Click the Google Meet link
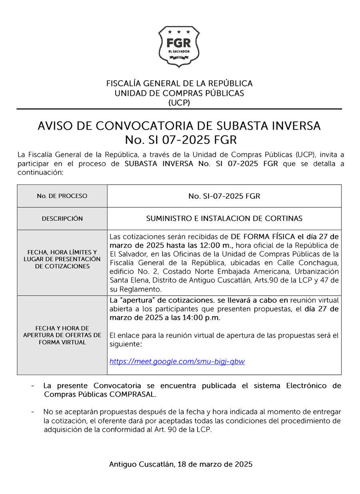(177, 361)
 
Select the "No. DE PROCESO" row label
(62, 196)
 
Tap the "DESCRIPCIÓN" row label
(62, 219)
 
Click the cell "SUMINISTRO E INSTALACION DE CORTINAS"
(224, 219)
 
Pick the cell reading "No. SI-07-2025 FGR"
(224, 196)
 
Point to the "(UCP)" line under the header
(179, 103)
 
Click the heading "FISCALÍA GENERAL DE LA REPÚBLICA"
(179, 84)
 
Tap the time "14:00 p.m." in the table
(203, 318)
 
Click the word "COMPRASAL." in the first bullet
(134, 394)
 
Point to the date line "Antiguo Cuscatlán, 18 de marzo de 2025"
(180, 464)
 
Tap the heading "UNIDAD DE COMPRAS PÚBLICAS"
(179, 93)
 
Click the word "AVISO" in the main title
(54, 126)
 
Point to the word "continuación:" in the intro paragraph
(40, 173)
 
